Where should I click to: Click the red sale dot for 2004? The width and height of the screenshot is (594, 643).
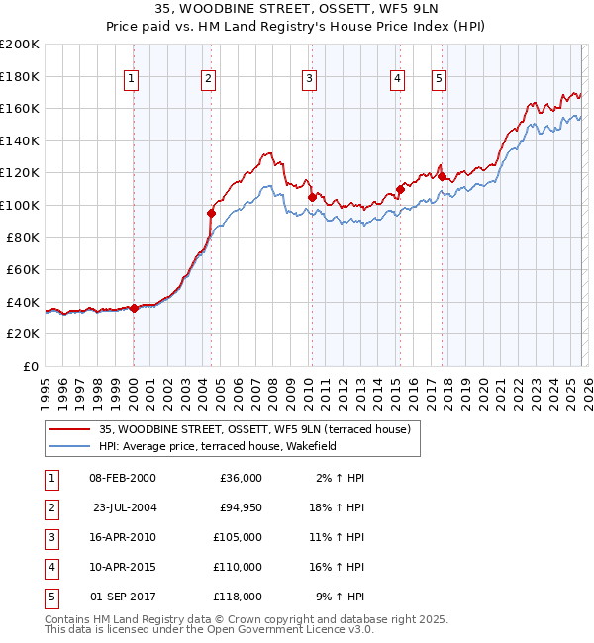click(211, 213)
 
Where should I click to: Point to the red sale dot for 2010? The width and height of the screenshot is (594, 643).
click(312, 197)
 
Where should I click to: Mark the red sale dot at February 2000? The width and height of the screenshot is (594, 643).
click(134, 309)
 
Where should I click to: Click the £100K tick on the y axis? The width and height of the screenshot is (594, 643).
click(20, 205)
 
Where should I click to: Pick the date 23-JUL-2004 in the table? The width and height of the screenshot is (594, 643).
click(125, 507)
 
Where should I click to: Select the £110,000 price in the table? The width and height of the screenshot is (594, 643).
click(238, 567)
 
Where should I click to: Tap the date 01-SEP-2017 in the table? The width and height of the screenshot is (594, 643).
click(123, 597)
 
